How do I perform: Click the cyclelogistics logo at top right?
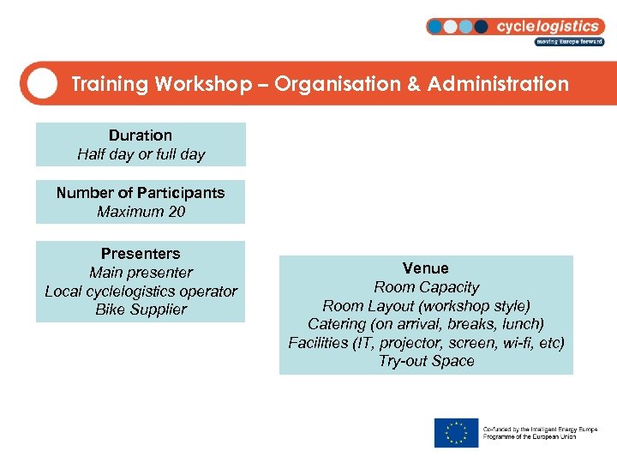pyautogui.click(x=515, y=30)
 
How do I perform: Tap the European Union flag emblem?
pyautogui.click(x=456, y=432)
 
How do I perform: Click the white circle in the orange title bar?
pyautogui.click(x=41, y=83)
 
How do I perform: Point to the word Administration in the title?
pyautogui.click(x=498, y=84)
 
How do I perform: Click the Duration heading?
pyautogui.click(x=141, y=135)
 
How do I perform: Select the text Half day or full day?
pyautogui.click(x=141, y=154)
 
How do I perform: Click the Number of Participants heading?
pyautogui.click(x=141, y=193)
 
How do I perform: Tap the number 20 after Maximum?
pyautogui.click(x=177, y=212)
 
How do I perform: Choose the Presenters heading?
pyautogui.click(x=141, y=254)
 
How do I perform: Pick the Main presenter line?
pyautogui.click(x=141, y=273)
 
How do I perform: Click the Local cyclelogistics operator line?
pyautogui.click(x=141, y=292)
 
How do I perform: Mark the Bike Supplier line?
pyautogui.click(x=141, y=310)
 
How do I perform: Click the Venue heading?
pyautogui.click(x=426, y=268)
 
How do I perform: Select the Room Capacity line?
pyautogui.click(x=426, y=287)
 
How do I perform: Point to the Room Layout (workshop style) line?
pyautogui.click(x=426, y=306)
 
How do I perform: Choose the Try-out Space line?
pyautogui.click(x=426, y=361)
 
